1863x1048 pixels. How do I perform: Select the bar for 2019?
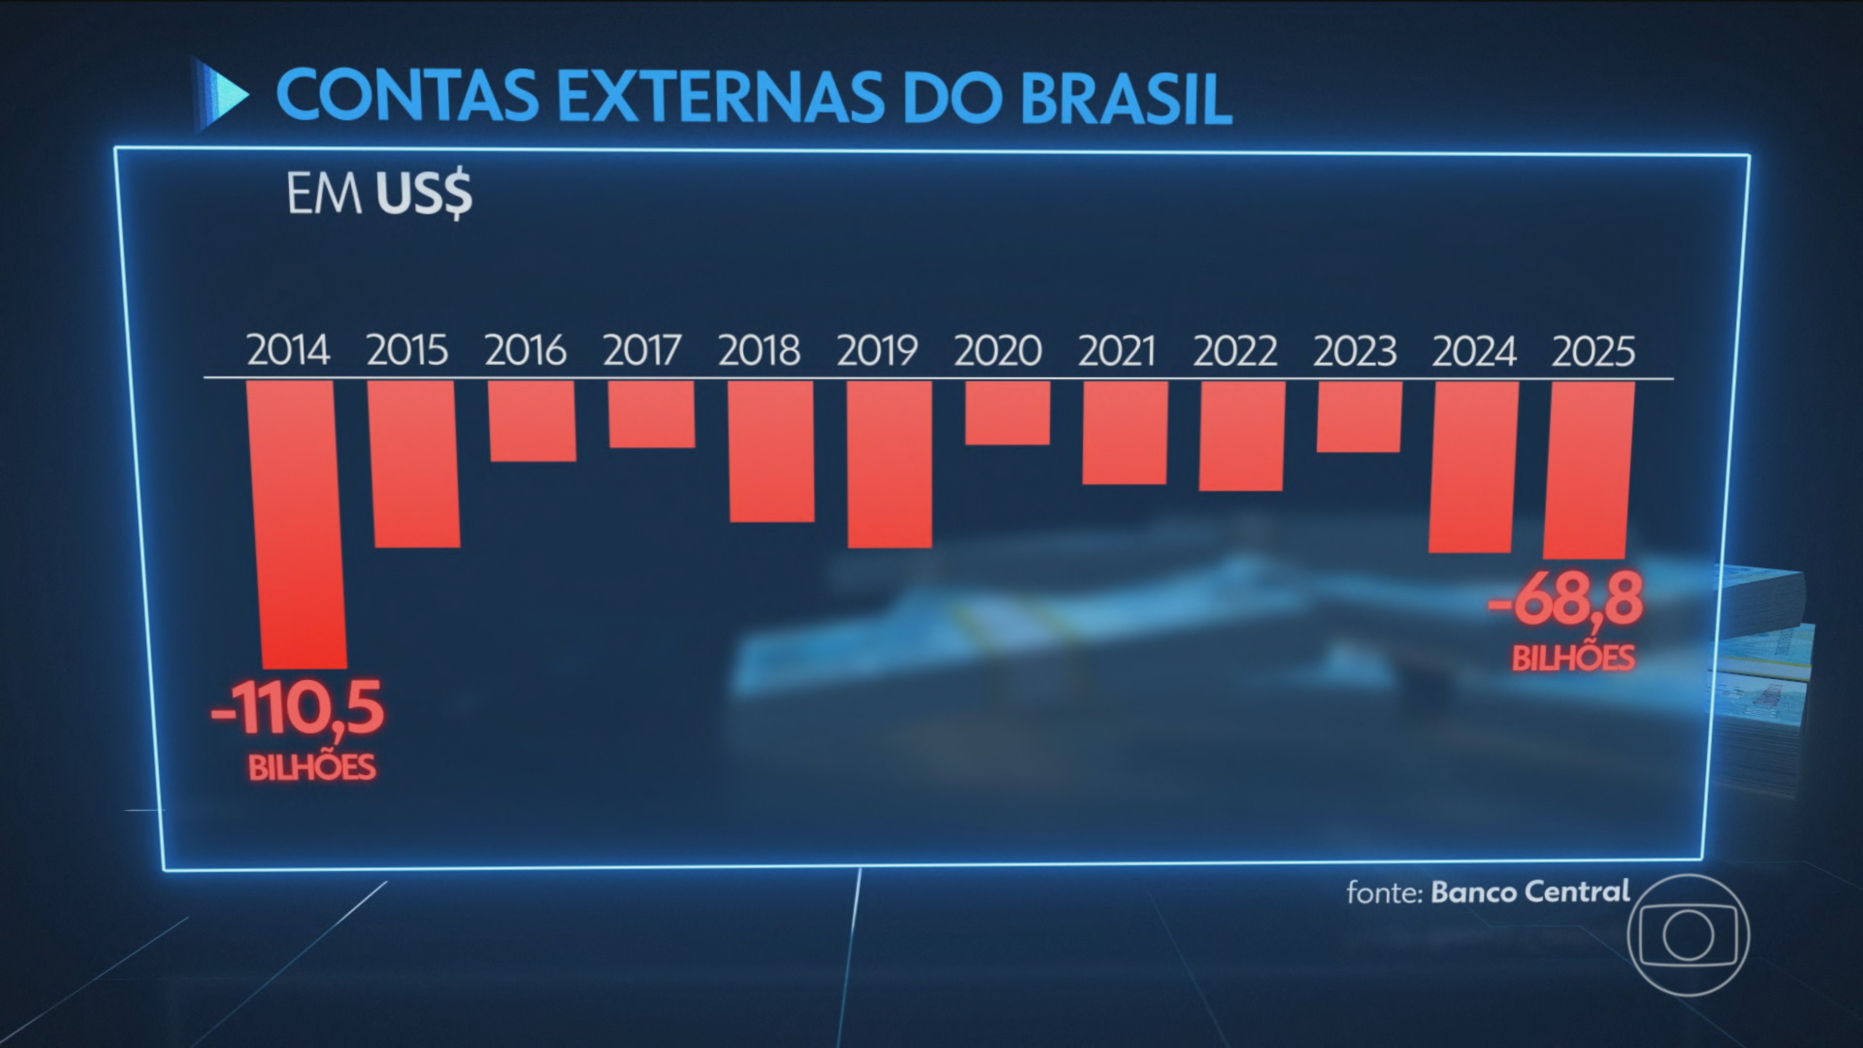point(890,464)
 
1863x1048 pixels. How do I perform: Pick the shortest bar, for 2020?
point(1008,413)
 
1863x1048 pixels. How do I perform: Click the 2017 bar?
point(652,414)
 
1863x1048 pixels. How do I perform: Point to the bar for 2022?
point(1242,436)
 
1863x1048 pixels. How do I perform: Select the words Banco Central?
point(1530,891)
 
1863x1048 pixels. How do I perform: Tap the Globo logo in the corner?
point(1687,934)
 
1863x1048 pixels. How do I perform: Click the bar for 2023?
point(1359,417)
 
